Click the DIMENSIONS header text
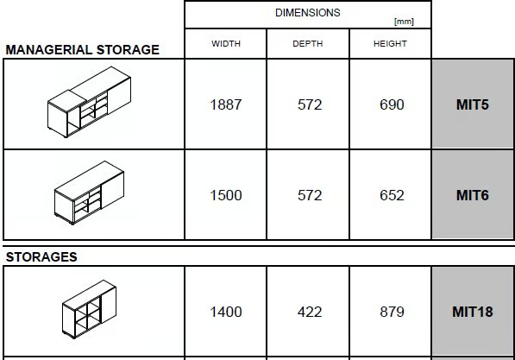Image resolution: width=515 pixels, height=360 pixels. [x=308, y=13]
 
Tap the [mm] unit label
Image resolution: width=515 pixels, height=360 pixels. [x=404, y=22]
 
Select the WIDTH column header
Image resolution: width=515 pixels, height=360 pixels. [x=226, y=44]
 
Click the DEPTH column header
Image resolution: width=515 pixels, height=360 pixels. [x=308, y=44]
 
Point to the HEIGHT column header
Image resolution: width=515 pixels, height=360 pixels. [x=390, y=44]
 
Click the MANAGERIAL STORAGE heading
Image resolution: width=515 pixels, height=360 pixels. [x=83, y=50]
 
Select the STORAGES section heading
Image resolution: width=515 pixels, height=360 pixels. [x=41, y=257]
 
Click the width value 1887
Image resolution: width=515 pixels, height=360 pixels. [x=226, y=104]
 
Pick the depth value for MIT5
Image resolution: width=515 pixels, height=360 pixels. [x=310, y=104]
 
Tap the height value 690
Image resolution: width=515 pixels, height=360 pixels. [x=392, y=104]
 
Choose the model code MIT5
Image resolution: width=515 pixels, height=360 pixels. [x=473, y=104]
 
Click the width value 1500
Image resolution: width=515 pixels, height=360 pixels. [x=226, y=195]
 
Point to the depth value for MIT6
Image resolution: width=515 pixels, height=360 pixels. [x=310, y=195]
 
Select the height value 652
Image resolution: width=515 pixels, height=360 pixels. [x=392, y=195]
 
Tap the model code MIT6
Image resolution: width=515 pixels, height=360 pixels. [x=473, y=195]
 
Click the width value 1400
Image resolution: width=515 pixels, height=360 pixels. [x=226, y=312]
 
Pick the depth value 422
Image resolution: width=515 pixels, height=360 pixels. [x=310, y=312]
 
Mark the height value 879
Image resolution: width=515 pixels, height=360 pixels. [x=392, y=312]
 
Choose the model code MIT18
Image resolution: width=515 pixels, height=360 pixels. [x=473, y=312]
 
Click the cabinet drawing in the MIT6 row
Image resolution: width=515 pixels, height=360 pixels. [x=89, y=193]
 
